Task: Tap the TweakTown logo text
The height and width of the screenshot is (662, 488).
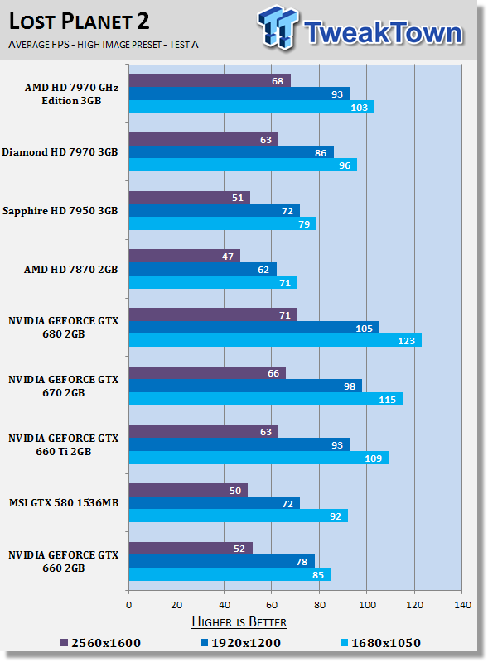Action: click(381, 32)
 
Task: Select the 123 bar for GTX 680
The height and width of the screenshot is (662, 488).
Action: click(274, 340)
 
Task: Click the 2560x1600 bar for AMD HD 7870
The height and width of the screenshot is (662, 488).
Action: click(184, 256)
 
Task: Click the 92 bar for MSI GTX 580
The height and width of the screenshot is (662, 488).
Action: click(238, 516)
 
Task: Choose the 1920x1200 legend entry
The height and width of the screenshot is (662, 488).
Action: click(240, 642)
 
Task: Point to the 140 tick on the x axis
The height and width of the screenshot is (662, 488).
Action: click(461, 604)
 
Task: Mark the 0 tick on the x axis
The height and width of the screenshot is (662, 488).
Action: click(128, 604)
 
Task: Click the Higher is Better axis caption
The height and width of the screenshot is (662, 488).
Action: click(240, 621)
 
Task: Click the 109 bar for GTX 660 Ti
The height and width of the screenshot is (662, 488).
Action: click(258, 458)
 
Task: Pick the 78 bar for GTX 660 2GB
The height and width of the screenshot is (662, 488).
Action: click(221, 561)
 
